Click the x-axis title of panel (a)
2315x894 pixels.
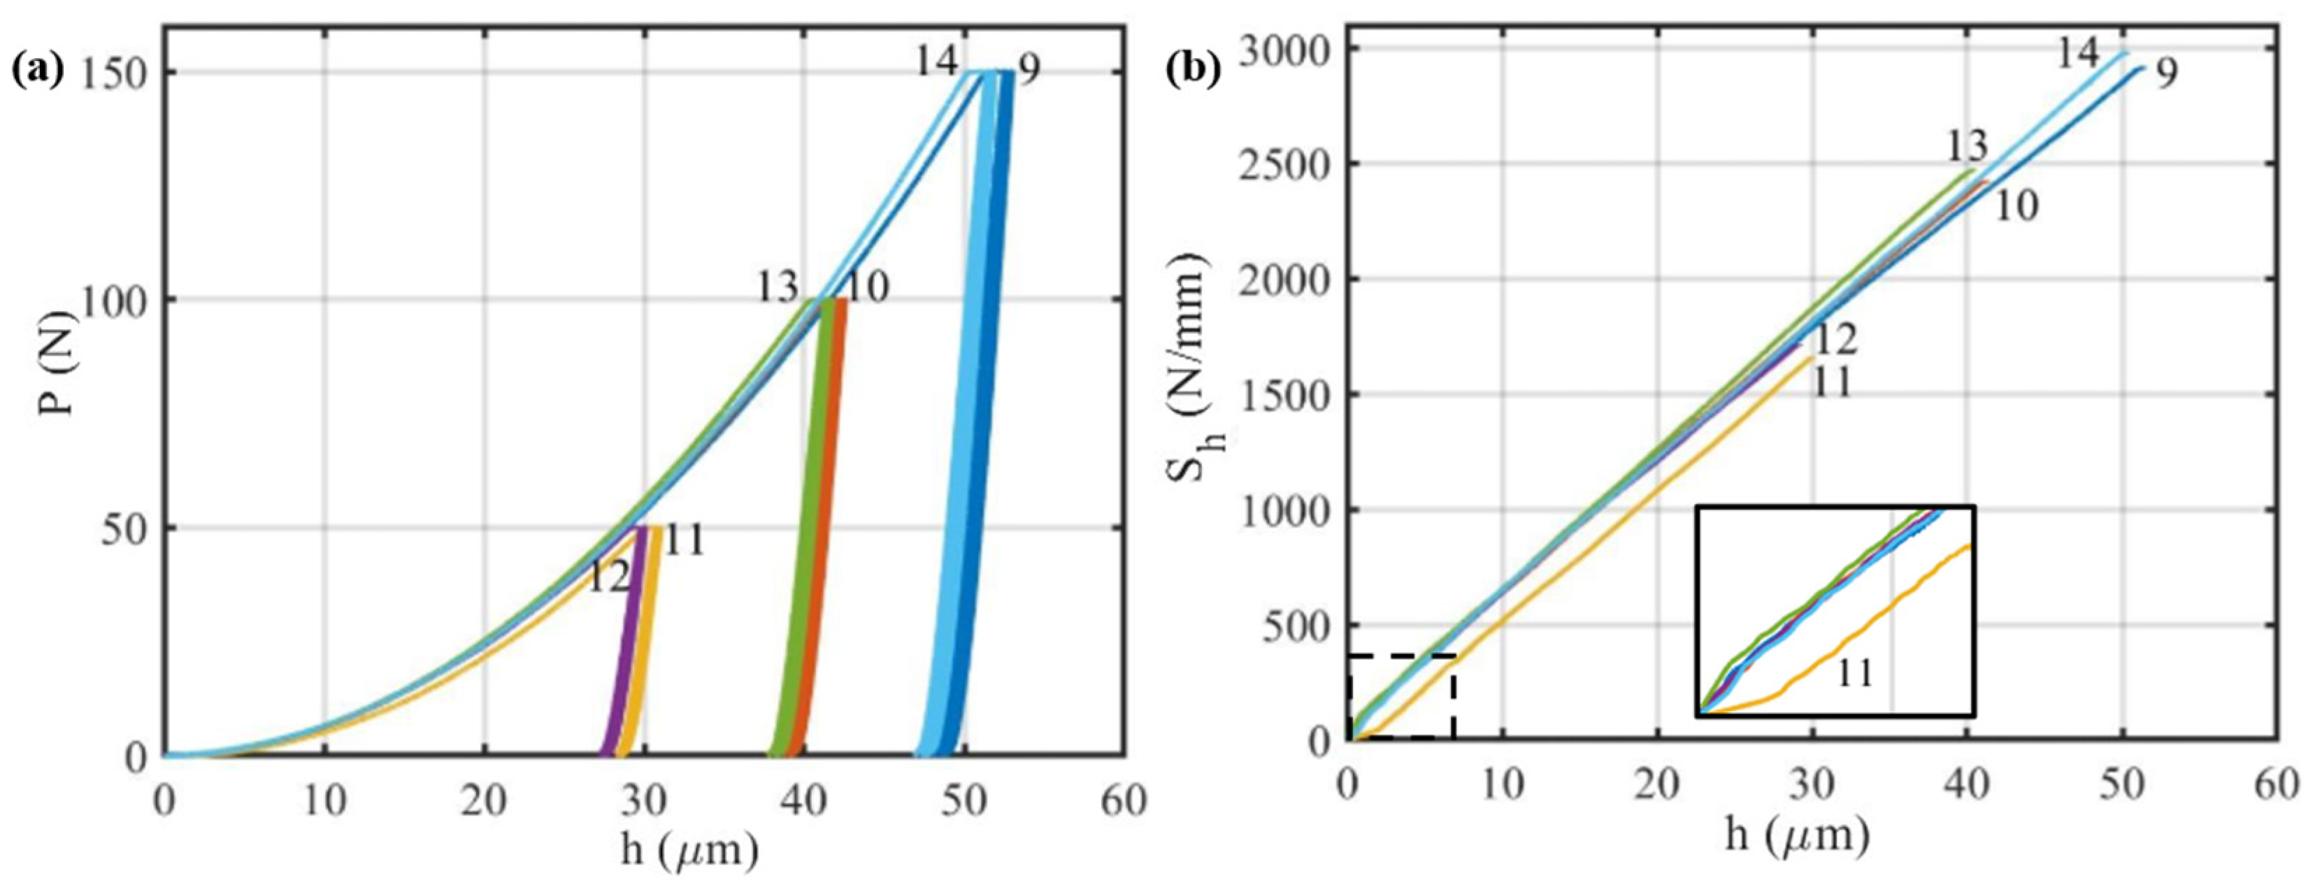point(689,850)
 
